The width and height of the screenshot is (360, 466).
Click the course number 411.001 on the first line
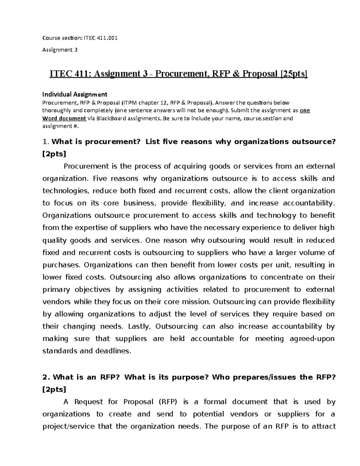click(107, 38)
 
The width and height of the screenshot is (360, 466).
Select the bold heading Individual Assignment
click(75, 95)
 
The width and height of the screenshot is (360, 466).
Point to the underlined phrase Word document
click(64, 118)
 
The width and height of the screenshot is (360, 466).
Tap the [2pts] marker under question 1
click(54, 154)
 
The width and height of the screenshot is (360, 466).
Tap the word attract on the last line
click(322, 426)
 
